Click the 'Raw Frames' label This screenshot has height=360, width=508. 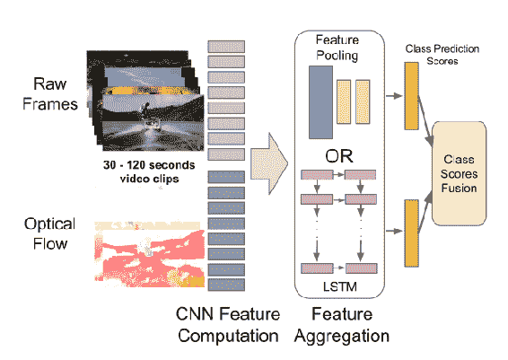[x=50, y=94]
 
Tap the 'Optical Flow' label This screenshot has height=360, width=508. [x=50, y=233]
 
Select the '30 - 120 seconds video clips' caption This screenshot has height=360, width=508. [x=149, y=171]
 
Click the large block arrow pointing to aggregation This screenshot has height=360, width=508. [x=269, y=163]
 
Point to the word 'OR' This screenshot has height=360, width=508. [x=339, y=156]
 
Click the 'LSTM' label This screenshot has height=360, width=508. [x=340, y=286]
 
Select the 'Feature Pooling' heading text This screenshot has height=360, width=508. [x=337, y=48]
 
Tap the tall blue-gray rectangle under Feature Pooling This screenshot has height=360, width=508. [x=320, y=102]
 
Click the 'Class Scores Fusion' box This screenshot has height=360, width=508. [x=460, y=173]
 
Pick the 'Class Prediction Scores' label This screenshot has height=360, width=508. [x=442, y=55]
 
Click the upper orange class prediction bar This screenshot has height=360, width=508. [x=411, y=96]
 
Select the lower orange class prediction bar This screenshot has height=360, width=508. [x=411, y=233]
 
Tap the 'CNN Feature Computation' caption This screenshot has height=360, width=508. [x=228, y=325]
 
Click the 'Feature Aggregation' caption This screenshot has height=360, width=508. [x=342, y=325]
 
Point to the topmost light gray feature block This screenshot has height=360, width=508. [x=226, y=47]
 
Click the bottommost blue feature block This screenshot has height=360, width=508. [x=226, y=285]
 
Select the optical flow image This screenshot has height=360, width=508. [x=150, y=254]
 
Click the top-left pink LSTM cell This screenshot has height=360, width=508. [x=317, y=175]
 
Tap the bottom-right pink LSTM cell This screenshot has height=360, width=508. [x=362, y=268]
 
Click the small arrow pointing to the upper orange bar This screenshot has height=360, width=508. [x=394, y=96]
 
